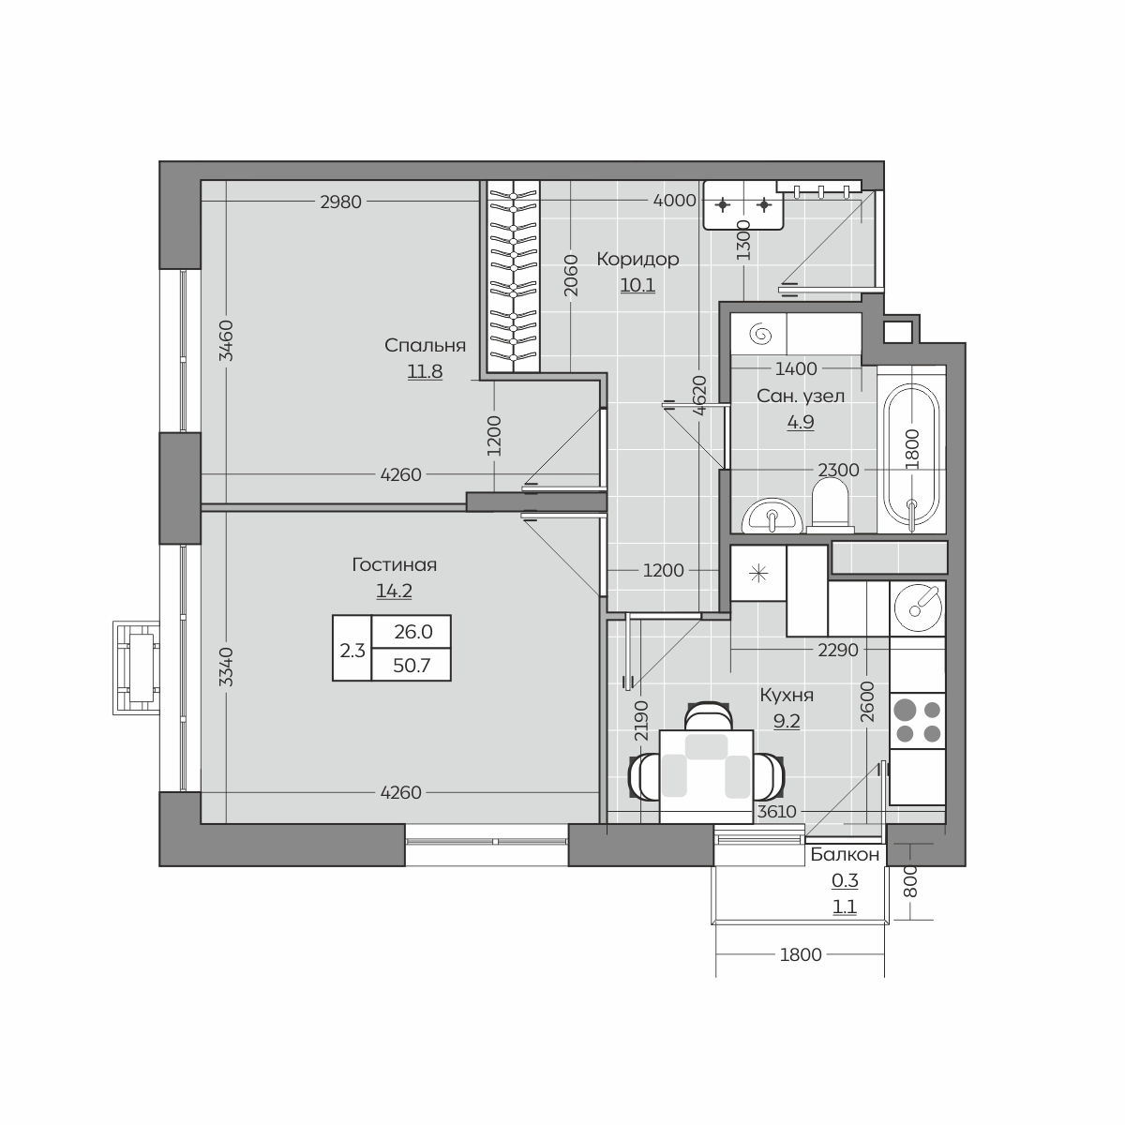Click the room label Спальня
(x=425, y=346)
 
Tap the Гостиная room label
(x=395, y=564)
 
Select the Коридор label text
(x=637, y=259)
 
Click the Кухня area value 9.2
(x=787, y=722)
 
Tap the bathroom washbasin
(x=772, y=516)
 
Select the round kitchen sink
(x=917, y=607)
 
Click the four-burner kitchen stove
(x=917, y=721)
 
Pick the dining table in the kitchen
(x=706, y=776)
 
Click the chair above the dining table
(x=708, y=716)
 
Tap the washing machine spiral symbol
(x=760, y=335)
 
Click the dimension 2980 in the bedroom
(x=341, y=202)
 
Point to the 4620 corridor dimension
(x=699, y=396)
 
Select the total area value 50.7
(x=412, y=665)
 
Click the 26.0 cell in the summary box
(x=413, y=632)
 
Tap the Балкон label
(x=845, y=855)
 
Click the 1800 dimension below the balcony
(x=801, y=954)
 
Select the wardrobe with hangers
(x=513, y=277)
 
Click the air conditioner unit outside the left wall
(x=136, y=667)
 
